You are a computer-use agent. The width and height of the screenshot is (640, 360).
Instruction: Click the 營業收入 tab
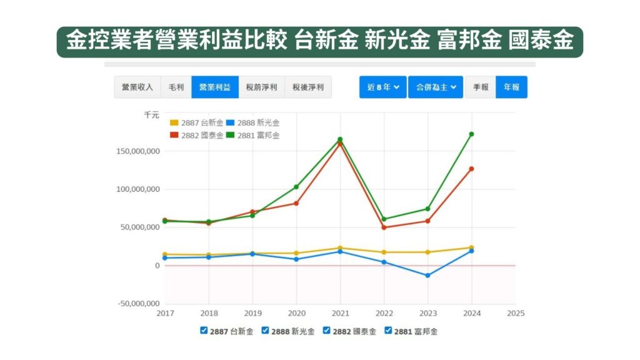coord(137,87)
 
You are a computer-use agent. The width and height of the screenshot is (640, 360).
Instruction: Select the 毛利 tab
coord(176,87)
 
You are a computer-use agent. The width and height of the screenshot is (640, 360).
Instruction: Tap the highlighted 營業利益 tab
coord(214,87)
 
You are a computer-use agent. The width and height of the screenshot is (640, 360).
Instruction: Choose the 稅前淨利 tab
coord(261,87)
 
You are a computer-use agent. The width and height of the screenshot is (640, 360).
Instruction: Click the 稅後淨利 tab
coord(307,87)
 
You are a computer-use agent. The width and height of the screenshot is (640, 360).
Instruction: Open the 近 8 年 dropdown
coord(382,87)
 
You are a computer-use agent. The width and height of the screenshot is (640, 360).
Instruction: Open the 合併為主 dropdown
coord(435,87)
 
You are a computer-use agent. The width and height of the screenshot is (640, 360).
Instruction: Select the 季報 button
coord(480,87)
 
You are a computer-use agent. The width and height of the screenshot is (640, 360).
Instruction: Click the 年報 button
coord(511,87)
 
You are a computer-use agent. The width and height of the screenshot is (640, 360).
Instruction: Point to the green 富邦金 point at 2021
coord(340,139)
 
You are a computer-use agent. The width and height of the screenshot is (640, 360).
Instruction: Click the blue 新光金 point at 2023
coord(427,276)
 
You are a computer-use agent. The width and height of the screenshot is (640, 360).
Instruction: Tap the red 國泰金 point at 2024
coord(471,169)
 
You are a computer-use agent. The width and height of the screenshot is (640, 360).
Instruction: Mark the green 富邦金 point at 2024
coord(471,134)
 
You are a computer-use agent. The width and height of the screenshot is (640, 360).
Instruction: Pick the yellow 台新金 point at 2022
coord(384,252)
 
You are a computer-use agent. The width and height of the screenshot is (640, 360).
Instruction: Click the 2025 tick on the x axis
coord(515,313)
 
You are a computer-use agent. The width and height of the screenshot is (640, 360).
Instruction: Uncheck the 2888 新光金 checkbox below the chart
coord(265,330)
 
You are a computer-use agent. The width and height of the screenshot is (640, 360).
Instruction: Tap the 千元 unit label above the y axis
coord(151,115)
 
